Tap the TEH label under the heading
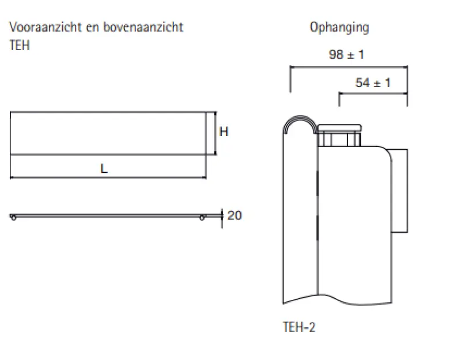pyautogui.click(x=19, y=46)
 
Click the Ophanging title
pyautogui.click(x=339, y=27)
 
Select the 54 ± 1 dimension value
pyautogui.click(x=373, y=83)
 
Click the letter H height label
pyautogui.click(x=224, y=132)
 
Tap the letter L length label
pyautogui.click(x=104, y=169)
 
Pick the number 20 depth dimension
pyautogui.click(x=235, y=216)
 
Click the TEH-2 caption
pyautogui.click(x=299, y=327)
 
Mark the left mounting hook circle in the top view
pyautogui.click(x=13, y=217)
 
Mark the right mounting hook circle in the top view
pyautogui.click(x=202, y=217)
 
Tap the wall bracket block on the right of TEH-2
pyautogui.click(x=400, y=190)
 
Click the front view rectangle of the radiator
pyautogui.click(x=108, y=133)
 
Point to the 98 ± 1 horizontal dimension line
pyautogui.click(x=349, y=67)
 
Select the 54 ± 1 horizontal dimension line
pyautogui.click(x=373, y=94)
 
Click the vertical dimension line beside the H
pyautogui.click(x=216, y=133)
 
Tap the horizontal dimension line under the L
pyautogui.click(x=108, y=177)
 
